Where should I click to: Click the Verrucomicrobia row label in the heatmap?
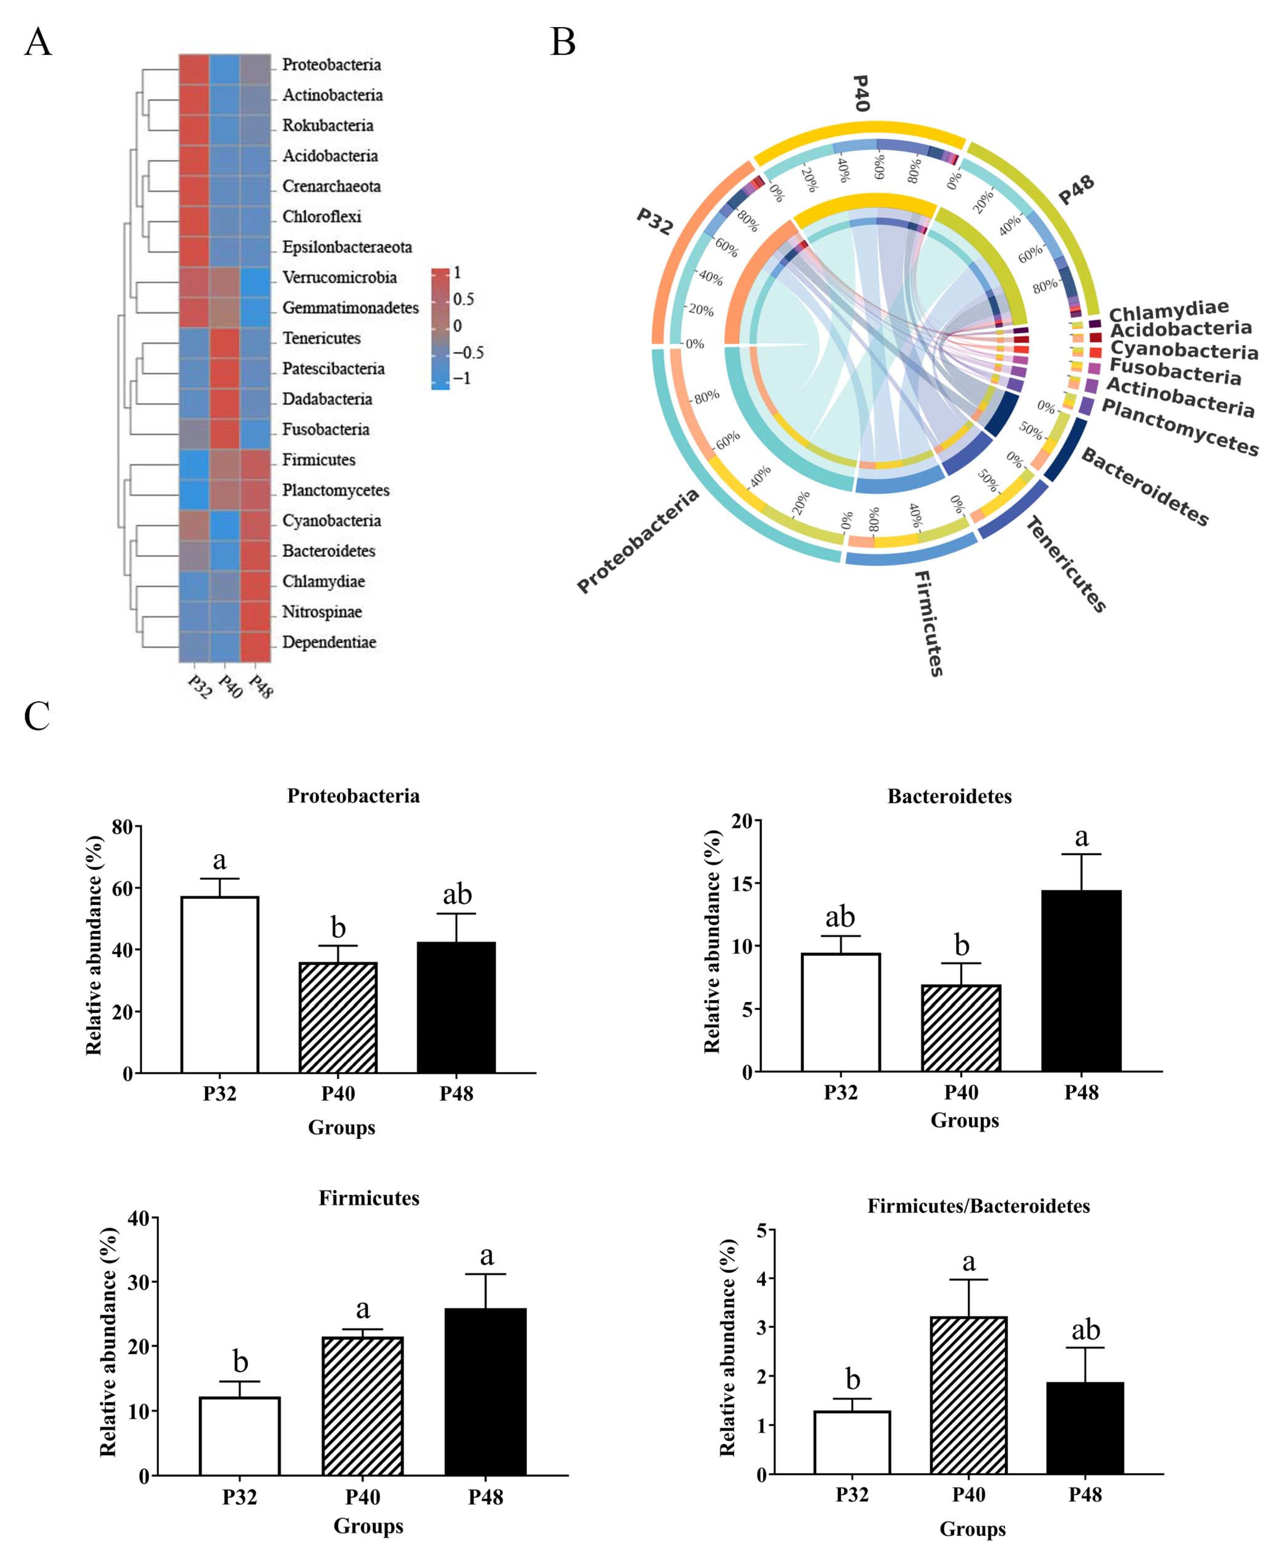click(339, 277)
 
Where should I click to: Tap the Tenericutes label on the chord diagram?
click(1065, 564)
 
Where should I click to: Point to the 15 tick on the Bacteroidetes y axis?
click(743, 884)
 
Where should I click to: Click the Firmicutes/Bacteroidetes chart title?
click(978, 1206)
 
